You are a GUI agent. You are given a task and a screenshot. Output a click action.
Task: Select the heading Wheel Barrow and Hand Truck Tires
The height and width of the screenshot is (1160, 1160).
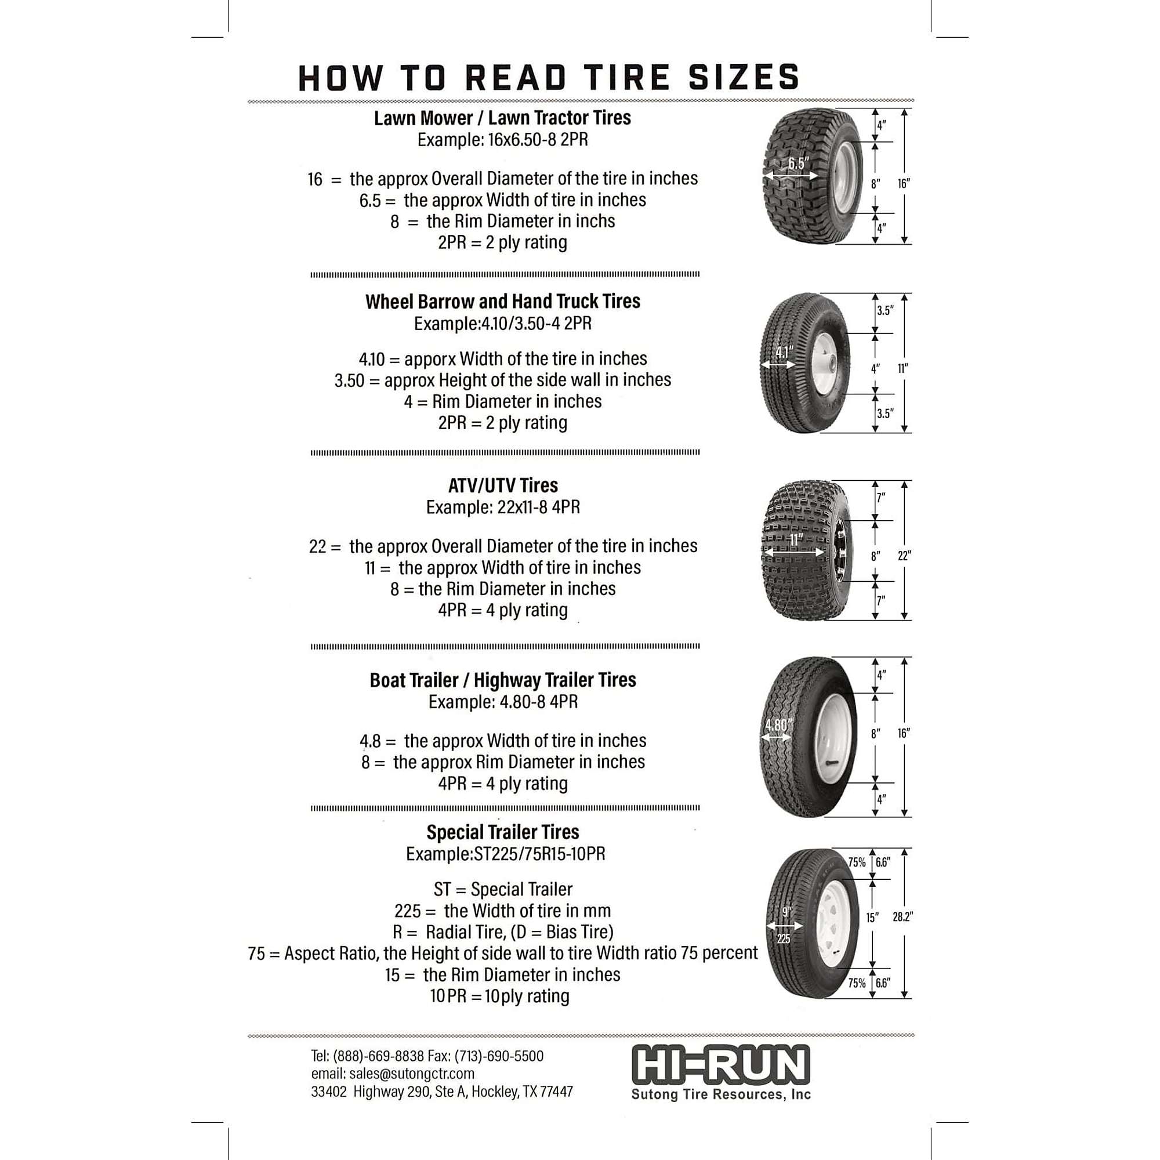502,302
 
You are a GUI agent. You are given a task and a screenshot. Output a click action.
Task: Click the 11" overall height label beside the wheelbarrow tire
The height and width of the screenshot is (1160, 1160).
903,369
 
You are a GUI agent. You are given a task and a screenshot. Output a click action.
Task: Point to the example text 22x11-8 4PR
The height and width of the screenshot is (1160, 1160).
538,507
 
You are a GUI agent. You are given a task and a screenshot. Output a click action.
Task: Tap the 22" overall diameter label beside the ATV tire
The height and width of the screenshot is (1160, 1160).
904,556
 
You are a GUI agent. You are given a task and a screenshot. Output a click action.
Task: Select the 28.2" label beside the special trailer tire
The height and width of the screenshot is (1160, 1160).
902,917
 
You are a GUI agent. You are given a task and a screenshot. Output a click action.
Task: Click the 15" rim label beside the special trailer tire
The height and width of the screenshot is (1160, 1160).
872,918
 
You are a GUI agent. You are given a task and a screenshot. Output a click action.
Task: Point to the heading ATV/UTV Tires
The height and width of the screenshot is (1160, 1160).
502,485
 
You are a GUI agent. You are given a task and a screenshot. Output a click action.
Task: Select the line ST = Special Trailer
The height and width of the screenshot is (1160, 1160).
502,889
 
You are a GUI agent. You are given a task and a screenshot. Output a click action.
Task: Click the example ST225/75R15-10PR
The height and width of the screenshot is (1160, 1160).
539,854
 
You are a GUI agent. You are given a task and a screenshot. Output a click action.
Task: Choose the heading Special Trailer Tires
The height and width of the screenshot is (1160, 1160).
502,832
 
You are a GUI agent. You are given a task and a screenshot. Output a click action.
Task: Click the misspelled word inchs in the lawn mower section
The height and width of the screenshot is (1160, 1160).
595,221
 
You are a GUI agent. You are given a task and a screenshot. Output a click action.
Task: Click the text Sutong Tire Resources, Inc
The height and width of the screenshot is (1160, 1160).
720,1094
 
